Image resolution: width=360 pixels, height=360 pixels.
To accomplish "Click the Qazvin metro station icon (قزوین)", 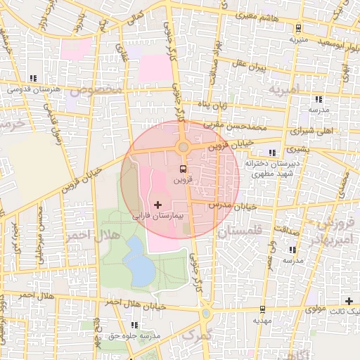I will point(183,169).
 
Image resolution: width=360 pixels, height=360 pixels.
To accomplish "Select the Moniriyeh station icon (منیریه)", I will point(299,29).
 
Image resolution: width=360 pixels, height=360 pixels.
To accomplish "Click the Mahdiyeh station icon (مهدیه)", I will point(262,309).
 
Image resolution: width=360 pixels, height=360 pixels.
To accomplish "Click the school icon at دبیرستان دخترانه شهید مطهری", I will point(272,152).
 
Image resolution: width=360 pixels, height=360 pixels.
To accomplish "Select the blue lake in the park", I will point(141,268).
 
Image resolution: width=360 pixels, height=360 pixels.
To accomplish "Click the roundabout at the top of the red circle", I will point(184,147).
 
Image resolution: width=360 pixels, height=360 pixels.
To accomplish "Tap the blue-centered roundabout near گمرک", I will point(205,314).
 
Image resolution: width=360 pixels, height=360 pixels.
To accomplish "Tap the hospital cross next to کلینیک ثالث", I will point(348,301).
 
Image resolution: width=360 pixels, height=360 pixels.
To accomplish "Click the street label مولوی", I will point(322,309).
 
